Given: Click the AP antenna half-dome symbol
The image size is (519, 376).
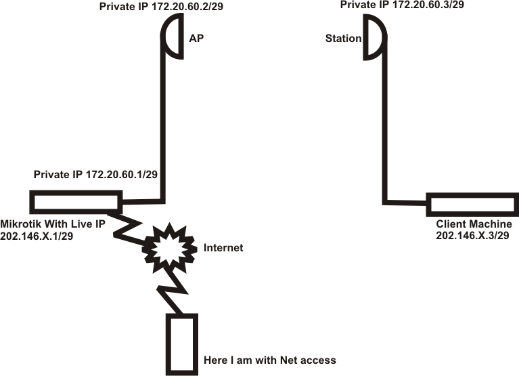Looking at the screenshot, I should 173,38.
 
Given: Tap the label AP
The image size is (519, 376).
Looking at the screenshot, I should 196,39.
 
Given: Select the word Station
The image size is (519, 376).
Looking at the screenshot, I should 344,39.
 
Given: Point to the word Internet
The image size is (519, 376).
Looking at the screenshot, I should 223,248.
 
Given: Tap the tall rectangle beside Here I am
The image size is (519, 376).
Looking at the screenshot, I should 182,344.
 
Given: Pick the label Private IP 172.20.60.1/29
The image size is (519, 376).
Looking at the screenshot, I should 96,175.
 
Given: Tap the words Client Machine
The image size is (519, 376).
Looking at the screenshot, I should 474,224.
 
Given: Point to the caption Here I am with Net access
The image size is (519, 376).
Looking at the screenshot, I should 269,360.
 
